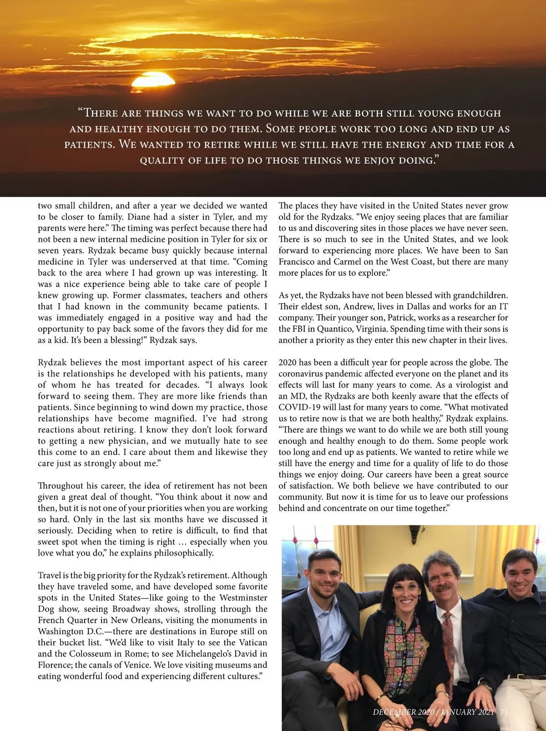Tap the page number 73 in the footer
pyautogui.click(x=504, y=712)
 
